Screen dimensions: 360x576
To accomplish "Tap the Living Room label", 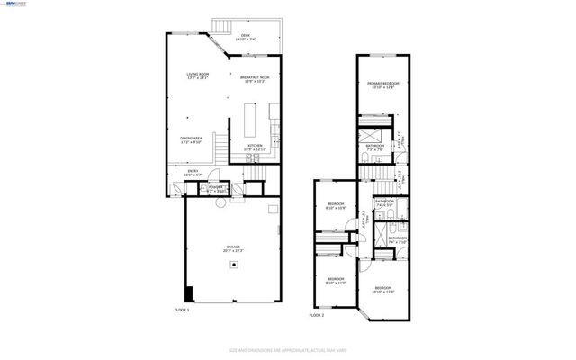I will (x=198, y=76).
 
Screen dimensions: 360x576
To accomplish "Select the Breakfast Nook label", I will (x=256, y=80).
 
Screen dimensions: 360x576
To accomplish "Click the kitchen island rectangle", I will (x=249, y=119).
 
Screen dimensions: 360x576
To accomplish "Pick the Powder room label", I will (x=216, y=189).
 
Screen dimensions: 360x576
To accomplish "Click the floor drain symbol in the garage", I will (x=234, y=265).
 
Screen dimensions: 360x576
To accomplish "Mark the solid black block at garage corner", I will (x=188, y=294).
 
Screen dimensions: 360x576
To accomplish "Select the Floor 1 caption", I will (x=182, y=310).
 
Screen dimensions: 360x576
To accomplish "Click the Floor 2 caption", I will (x=317, y=315).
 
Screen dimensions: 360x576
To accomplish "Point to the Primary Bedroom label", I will (x=382, y=85).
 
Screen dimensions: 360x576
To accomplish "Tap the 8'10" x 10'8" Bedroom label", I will (x=336, y=207).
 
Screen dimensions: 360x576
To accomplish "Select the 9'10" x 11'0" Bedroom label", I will (x=336, y=281).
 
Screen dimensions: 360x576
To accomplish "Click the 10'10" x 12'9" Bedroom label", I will (x=383, y=289).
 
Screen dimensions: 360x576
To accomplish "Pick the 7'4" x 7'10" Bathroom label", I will (x=397, y=239).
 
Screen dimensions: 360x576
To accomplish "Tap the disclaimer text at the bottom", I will (x=288, y=350).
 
